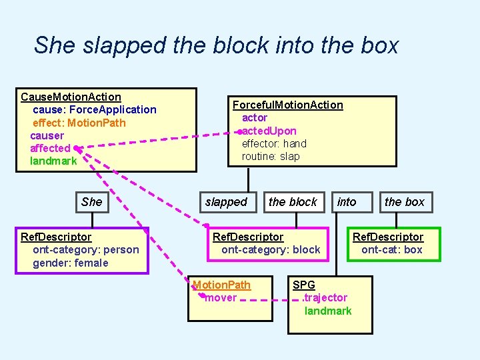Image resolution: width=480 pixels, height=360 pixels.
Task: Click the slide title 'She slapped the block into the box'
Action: click(216, 45)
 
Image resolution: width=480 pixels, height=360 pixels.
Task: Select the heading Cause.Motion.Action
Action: click(71, 97)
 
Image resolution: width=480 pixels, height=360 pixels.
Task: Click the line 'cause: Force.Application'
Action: click(95, 110)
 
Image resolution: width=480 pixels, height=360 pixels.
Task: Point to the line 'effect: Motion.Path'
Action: click(79, 123)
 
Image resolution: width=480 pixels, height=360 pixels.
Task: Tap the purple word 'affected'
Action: click(50, 148)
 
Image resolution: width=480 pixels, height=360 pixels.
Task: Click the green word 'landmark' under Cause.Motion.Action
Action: click(53, 161)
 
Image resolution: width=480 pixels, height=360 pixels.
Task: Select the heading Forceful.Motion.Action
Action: click(287, 105)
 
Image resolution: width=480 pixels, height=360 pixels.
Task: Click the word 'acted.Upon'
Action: click(269, 131)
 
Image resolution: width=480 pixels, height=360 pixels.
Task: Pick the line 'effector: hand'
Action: click(274, 143)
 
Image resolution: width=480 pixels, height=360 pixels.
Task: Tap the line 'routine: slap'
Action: click(271, 157)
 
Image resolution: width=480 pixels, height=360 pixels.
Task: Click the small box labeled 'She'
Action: click(92, 202)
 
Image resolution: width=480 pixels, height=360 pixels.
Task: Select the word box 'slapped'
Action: click(226, 202)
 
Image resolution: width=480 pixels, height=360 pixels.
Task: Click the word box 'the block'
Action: click(293, 202)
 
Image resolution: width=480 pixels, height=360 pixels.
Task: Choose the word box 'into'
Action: click(347, 202)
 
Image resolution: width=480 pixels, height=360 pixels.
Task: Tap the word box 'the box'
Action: click(404, 202)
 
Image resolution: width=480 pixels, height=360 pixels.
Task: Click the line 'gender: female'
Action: click(71, 263)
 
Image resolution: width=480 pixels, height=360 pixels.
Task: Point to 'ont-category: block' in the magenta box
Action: click(271, 250)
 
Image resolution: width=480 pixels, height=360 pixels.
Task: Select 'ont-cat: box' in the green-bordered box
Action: click(392, 250)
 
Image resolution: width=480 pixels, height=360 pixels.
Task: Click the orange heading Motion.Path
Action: click(222, 285)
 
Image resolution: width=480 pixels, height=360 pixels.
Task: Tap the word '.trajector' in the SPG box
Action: click(325, 298)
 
